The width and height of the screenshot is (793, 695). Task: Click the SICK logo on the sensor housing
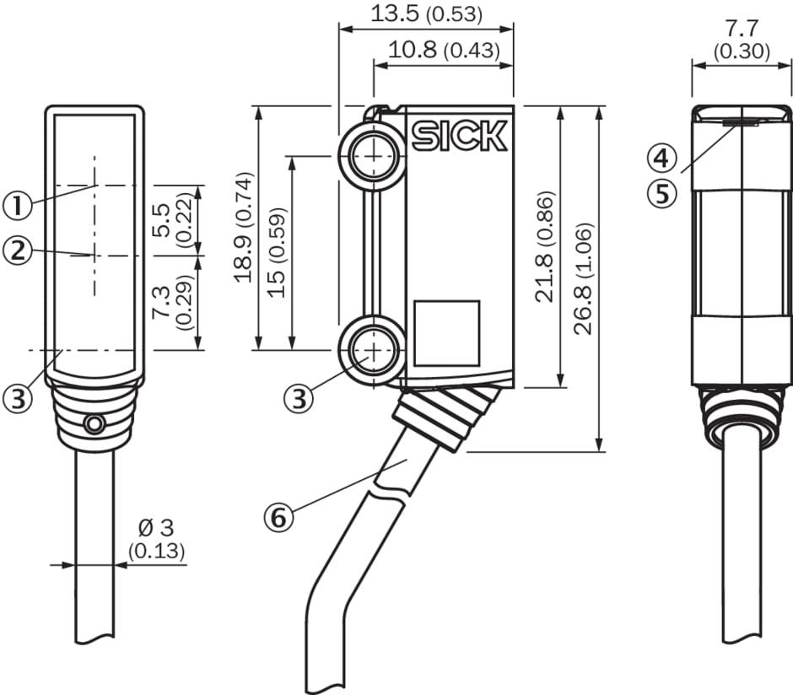[460, 136]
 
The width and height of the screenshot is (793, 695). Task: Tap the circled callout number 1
[19, 204]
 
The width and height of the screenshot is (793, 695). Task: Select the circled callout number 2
[19, 250]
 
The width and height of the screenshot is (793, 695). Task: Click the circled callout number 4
[662, 158]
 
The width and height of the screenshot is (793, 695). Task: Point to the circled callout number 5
[662, 193]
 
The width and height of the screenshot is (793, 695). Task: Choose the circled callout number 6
[278, 515]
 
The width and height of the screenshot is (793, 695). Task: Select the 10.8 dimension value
[413, 50]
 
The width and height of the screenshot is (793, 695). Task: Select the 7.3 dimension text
[160, 302]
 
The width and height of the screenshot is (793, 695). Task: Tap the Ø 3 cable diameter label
[155, 529]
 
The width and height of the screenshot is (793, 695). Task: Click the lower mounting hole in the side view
[370, 348]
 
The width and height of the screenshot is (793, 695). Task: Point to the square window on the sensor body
[446, 333]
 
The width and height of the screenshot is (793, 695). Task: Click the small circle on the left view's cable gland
[94, 424]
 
